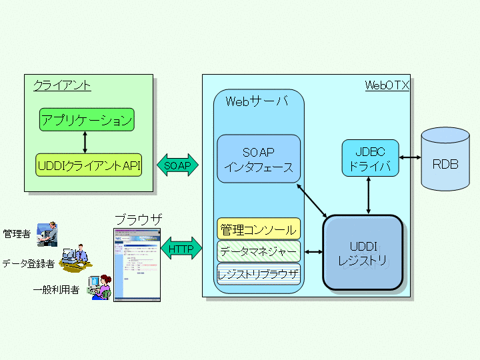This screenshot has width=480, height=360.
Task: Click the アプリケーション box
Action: click(x=87, y=120)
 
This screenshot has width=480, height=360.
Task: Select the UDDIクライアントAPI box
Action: click(x=89, y=165)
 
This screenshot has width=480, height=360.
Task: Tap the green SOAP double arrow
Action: click(x=177, y=165)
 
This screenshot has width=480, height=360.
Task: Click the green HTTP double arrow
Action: click(x=181, y=250)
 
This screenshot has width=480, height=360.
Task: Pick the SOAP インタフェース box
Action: click(x=259, y=159)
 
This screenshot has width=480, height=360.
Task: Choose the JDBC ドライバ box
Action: click(x=370, y=158)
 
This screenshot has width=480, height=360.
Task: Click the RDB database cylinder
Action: click(x=445, y=160)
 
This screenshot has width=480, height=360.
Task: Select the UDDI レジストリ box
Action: click(x=363, y=253)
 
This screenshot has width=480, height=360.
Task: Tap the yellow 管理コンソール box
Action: click(x=259, y=229)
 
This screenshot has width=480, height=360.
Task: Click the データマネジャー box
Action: click(x=259, y=252)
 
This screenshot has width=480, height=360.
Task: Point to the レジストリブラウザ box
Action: click(x=259, y=273)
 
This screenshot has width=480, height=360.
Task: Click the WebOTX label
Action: click(x=387, y=85)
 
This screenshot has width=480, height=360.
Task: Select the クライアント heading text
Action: click(x=62, y=85)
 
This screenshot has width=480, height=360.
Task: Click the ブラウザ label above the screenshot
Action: click(x=138, y=219)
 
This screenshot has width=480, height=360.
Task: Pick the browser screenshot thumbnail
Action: click(x=137, y=265)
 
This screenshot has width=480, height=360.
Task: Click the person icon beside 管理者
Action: click(x=47, y=234)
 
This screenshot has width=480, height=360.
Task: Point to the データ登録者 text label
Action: click(x=29, y=264)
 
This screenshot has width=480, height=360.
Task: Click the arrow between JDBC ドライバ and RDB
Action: click(x=409, y=158)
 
